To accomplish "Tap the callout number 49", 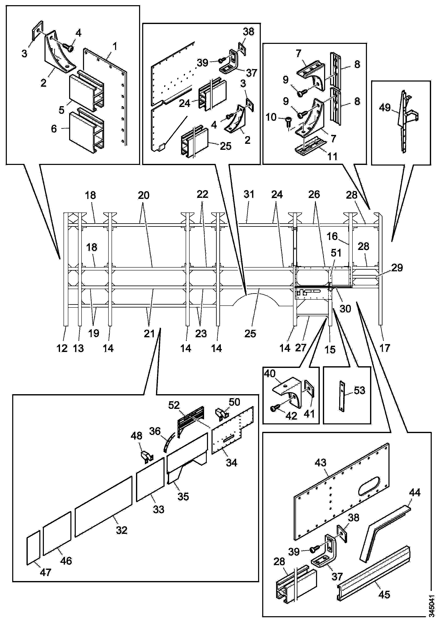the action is click(385, 108).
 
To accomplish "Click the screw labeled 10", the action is click(289, 122).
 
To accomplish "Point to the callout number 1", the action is click(115, 47).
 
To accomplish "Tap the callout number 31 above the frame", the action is click(249, 194).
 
